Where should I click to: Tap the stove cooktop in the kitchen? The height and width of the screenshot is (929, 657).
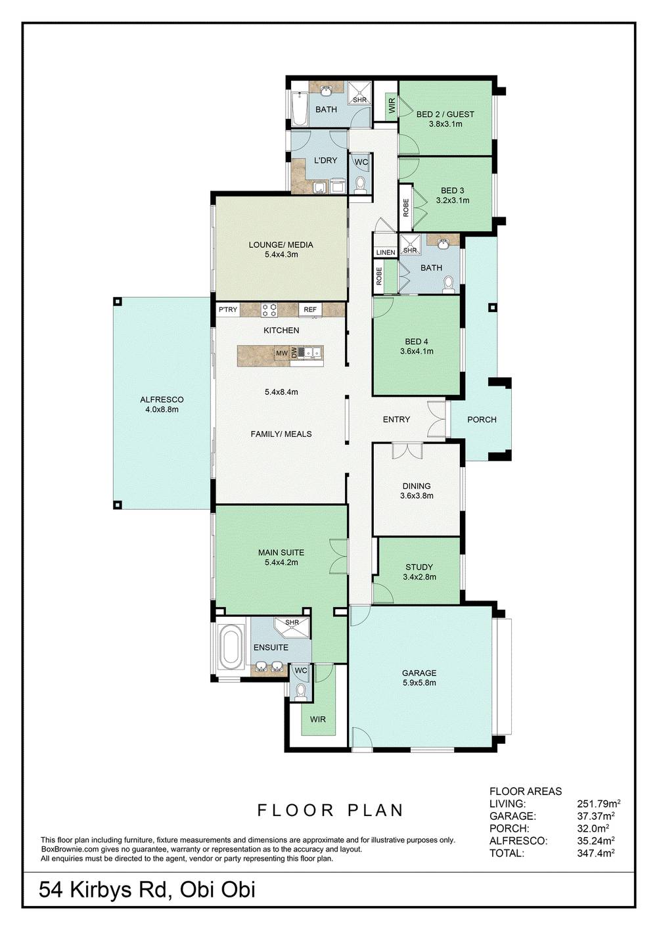click(269, 309)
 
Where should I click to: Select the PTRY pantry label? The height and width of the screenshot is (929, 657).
click(228, 309)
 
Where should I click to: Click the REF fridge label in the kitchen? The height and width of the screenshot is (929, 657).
click(310, 309)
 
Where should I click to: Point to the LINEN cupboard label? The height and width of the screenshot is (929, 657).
click(386, 252)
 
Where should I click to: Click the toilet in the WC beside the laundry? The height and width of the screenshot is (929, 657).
click(361, 184)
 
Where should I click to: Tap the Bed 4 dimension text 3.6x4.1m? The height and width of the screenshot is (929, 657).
click(417, 351)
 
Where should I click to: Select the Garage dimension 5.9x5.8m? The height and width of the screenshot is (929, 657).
click(419, 683)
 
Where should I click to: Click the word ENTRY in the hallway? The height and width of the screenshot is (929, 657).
click(396, 419)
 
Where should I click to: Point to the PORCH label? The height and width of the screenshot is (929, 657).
click(482, 419)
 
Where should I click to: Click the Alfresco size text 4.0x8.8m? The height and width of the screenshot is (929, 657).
click(162, 409)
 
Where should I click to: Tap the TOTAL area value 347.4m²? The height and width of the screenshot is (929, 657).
click(595, 853)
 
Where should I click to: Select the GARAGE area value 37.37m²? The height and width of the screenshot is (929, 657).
click(595, 816)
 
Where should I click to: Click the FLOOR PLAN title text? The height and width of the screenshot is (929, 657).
click(330, 810)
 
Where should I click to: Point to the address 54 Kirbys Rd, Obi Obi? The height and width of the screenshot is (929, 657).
click(147, 890)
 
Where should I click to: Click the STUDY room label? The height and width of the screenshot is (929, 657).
click(419, 567)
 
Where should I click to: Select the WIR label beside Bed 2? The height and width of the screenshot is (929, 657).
click(392, 106)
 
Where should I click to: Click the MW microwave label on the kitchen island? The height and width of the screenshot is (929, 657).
click(282, 353)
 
